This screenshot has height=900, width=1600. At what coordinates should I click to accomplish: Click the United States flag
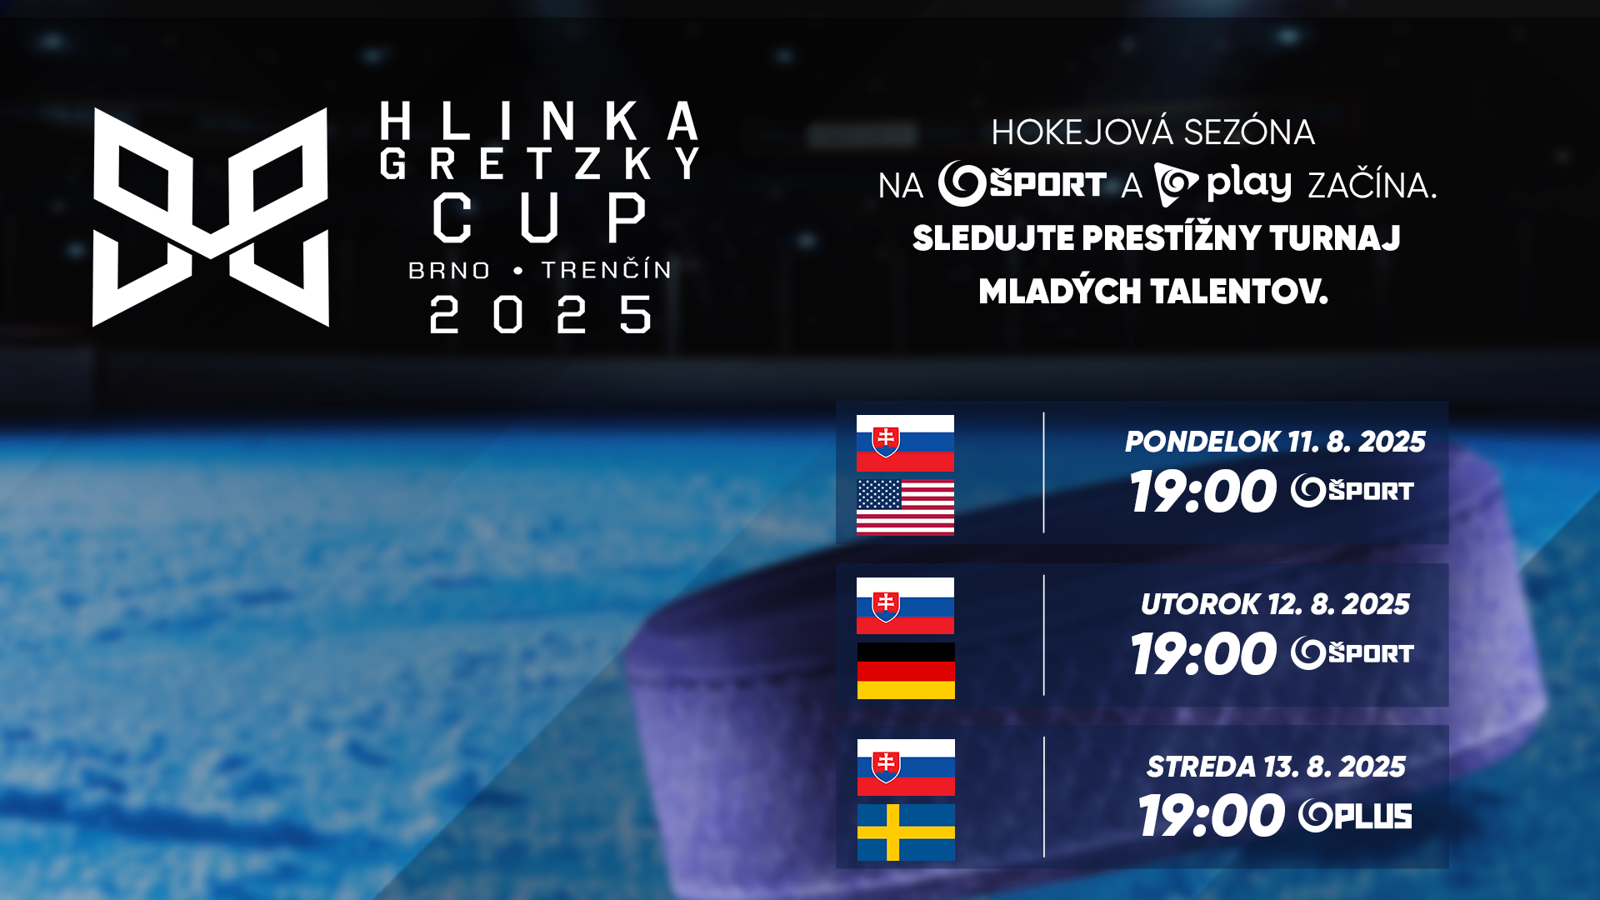[905, 507]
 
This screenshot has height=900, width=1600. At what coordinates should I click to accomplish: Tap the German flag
[906, 670]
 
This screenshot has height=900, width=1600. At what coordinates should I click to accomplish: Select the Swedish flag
[906, 832]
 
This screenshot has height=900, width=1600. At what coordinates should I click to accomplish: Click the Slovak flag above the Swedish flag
[906, 767]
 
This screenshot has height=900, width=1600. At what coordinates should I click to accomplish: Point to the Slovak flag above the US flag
[905, 443]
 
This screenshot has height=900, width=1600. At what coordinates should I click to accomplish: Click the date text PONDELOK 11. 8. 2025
[1275, 442]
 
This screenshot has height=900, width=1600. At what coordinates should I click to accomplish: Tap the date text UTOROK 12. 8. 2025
[1275, 604]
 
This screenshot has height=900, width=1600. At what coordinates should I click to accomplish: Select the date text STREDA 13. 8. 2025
[1276, 767]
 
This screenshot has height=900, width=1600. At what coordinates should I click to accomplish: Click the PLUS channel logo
[1355, 816]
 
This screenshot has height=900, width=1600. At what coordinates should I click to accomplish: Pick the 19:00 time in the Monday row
[1203, 492]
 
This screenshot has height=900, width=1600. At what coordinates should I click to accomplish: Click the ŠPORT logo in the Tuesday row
[1352, 653]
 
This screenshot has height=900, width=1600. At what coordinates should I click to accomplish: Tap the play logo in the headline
[1222, 184]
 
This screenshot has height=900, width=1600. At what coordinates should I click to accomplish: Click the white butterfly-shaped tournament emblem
[211, 217]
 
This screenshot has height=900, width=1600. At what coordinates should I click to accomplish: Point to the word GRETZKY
[540, 163]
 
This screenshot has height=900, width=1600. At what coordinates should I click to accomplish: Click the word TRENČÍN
[607, 269]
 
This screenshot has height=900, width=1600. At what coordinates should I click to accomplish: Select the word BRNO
[449, 271]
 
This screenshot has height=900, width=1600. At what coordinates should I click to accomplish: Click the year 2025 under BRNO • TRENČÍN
[540, 315]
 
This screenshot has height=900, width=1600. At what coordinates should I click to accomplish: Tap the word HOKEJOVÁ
[1082, 132]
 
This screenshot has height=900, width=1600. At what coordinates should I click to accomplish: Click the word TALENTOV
[1239, 292]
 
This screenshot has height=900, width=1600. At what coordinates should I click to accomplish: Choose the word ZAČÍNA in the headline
[1372, 184]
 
